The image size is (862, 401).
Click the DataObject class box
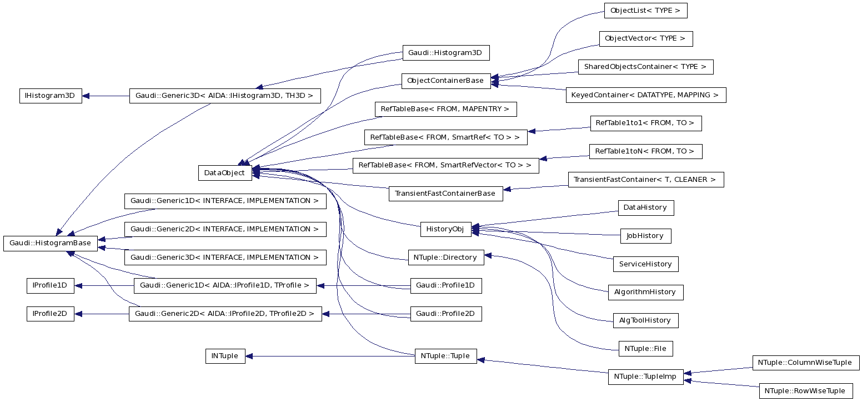coord(224,172)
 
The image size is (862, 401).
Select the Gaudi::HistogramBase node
coord(50,243)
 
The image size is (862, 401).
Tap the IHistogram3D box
coord(50,96)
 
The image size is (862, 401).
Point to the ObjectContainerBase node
coord(445,81)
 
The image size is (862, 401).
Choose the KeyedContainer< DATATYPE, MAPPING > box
coord(645,95)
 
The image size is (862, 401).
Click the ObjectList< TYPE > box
coord(645,11)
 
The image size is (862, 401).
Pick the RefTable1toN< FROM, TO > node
coord(644,151)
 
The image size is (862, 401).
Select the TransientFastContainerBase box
coord(445,194)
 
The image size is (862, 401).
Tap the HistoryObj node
coord(445,229)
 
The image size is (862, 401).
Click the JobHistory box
coord(645,236)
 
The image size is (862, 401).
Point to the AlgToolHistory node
coord(645,320)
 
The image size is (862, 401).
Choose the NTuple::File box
coord(645,349)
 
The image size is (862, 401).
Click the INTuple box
coord(225,356)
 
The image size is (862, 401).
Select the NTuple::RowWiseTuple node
coord(805,391)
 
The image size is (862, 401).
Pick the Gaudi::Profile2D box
coord(445,314)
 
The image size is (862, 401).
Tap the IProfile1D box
coord(50,286)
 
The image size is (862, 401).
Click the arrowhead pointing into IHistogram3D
coord(86,96)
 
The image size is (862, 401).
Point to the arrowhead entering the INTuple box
coord(249,356)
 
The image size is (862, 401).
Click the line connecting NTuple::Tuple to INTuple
coord(333,356)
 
